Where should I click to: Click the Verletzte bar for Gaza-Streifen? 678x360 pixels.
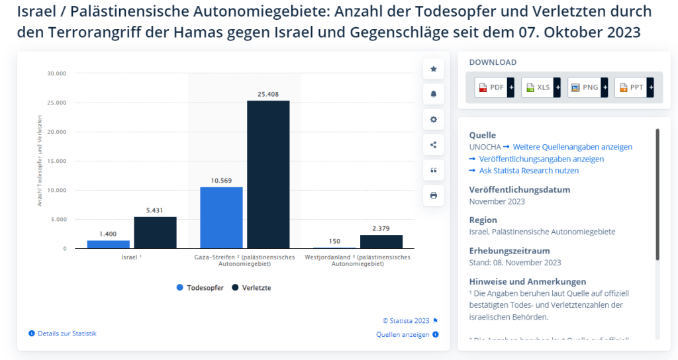tap(268, 175)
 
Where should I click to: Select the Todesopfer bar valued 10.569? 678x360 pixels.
tap(221, 218)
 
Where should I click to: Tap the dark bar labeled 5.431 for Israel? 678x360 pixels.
tap(155, 232)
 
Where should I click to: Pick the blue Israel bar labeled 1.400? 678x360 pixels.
tap(108, 244)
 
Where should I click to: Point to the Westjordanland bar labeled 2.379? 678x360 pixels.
tap(381, 242)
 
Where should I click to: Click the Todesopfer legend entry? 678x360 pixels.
tap(200, 288)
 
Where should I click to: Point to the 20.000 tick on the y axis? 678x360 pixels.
tap(56, 132)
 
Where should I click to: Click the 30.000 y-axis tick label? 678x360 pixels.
tap(56, 73)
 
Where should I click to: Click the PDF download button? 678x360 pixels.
tap(492, 87)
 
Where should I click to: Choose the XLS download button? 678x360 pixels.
tap(538, 87)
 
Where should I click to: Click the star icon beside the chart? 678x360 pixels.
tap(434, 69)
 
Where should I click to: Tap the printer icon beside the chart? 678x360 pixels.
tap(434, 195)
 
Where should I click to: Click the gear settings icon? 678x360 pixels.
tap(434, 119)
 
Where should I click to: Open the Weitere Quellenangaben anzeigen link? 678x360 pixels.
tap(572, 147)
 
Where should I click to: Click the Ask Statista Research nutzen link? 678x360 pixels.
tap(529, 171)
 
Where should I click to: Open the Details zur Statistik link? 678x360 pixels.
tap(67, 334)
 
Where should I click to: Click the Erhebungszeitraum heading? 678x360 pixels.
tap(509, 251)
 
